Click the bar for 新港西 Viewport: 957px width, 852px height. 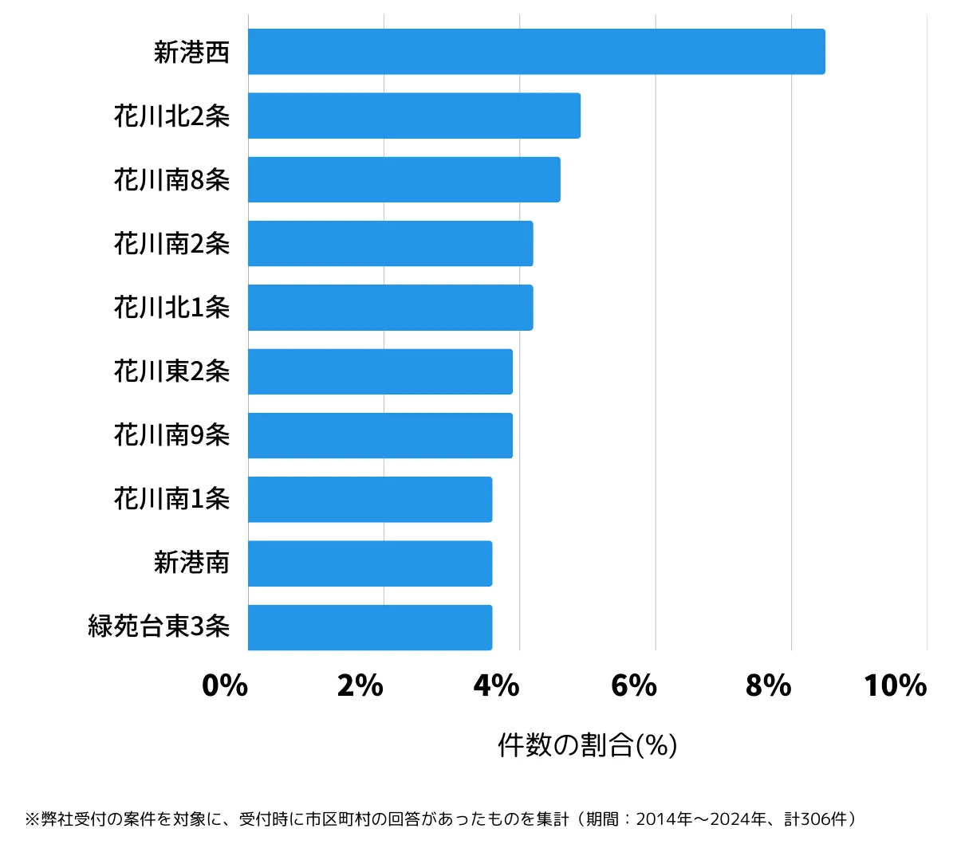(x=536, y=52)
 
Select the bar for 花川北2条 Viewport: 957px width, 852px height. (x=414, y=116)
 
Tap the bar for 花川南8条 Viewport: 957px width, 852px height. (x=404, y=179)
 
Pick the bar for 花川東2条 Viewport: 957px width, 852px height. (x=380, y=371)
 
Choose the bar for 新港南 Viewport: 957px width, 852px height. (x=370, y=563)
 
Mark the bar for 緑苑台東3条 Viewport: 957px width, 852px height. (x=370, y=627)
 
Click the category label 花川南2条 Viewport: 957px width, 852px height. (x=172, y=244)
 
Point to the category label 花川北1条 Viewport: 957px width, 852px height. (x=172, y=308)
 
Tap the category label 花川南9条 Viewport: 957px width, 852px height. (x=172, y=435)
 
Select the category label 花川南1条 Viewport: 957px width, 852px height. (x=172, y=500)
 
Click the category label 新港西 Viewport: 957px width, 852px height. (x=191, y=52)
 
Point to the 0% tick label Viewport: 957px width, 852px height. (x=225, y=685)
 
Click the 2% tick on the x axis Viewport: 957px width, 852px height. (x=360, y=685)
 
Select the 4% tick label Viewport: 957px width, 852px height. (x=496, y=685)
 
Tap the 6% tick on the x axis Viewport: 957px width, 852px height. (x=633, y=685)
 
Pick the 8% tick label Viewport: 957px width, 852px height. (x=768, y=685)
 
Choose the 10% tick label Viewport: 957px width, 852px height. (x=895, y=685)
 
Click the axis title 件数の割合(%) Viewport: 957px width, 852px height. (x=587, y=746)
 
